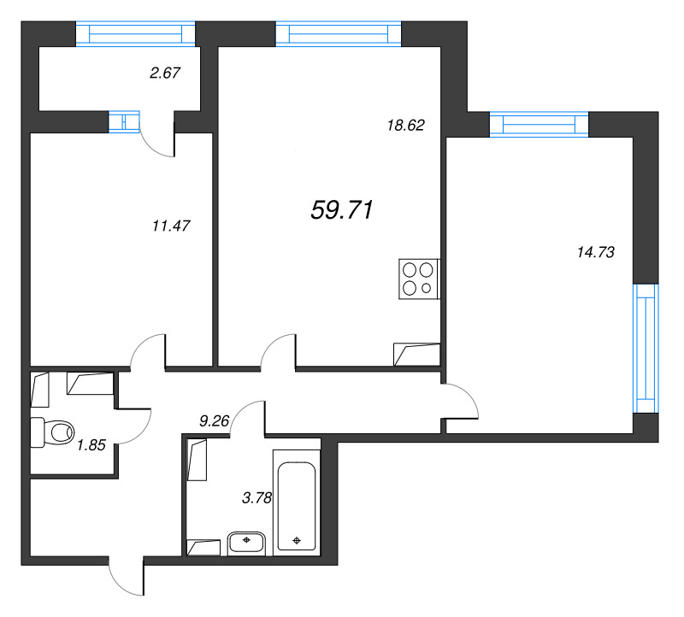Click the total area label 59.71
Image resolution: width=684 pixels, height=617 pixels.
pyautogui.click(x=343, y=210)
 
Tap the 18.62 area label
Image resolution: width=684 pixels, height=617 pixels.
pyautogui.click(x=406, y=125)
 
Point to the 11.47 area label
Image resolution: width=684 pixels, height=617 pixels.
pyautogui.click(x=171, y=226)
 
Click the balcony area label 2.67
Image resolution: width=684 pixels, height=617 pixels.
pyautogui.click(x=164, y=73)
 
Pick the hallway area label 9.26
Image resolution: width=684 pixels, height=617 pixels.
pyautogui.click(x=214, y=420)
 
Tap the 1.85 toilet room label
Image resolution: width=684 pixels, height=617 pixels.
pyautogui.click(x=91, y=444)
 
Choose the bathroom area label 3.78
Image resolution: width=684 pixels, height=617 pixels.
pyautogui.click(x=256, y=498)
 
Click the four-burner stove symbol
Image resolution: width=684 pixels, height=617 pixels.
pyautogui.click(x=419, y=279)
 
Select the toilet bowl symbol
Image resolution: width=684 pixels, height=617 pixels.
pyautogui.click(x=53, y=432)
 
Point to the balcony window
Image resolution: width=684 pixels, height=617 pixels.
pyautogui.click(x=136, y=32)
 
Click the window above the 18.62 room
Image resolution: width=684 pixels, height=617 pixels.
pyautogui.click(x=339, y=33)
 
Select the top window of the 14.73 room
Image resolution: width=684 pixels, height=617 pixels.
pyautogui.click(x=540, y=125)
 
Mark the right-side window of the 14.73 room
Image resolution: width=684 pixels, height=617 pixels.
pyautogui.click(x=646, y=348)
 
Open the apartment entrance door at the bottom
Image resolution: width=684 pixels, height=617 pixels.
pyautogui.click(x=127, y=577)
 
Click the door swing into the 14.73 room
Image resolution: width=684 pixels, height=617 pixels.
pyautogui.click(x=461, y=401)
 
